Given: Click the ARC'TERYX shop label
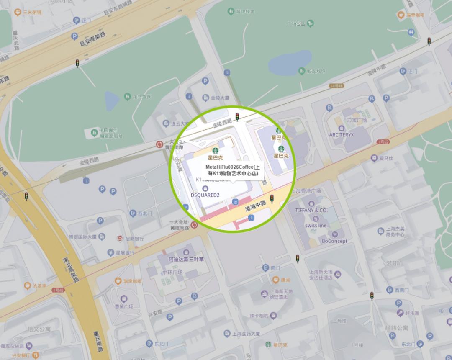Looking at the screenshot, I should point(341,135).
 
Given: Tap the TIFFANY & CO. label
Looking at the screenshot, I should point(311,210).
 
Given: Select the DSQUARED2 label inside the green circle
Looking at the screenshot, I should point(205,195).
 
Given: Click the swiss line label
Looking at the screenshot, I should point(316,225).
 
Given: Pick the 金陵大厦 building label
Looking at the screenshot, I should point(220,98).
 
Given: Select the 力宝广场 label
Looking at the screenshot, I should point(357,120).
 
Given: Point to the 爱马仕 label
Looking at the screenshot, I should point(386,158).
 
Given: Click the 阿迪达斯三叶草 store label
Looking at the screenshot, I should point(186,259).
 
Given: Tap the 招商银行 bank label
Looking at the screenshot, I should point(134,239).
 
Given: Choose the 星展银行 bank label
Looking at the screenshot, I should point(125,253).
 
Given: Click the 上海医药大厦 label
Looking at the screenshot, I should point(247,334).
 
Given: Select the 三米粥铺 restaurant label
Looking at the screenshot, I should point(32,13).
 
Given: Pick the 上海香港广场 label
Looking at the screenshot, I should point(306,191).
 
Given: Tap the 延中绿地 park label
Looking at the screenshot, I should point(245,12).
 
